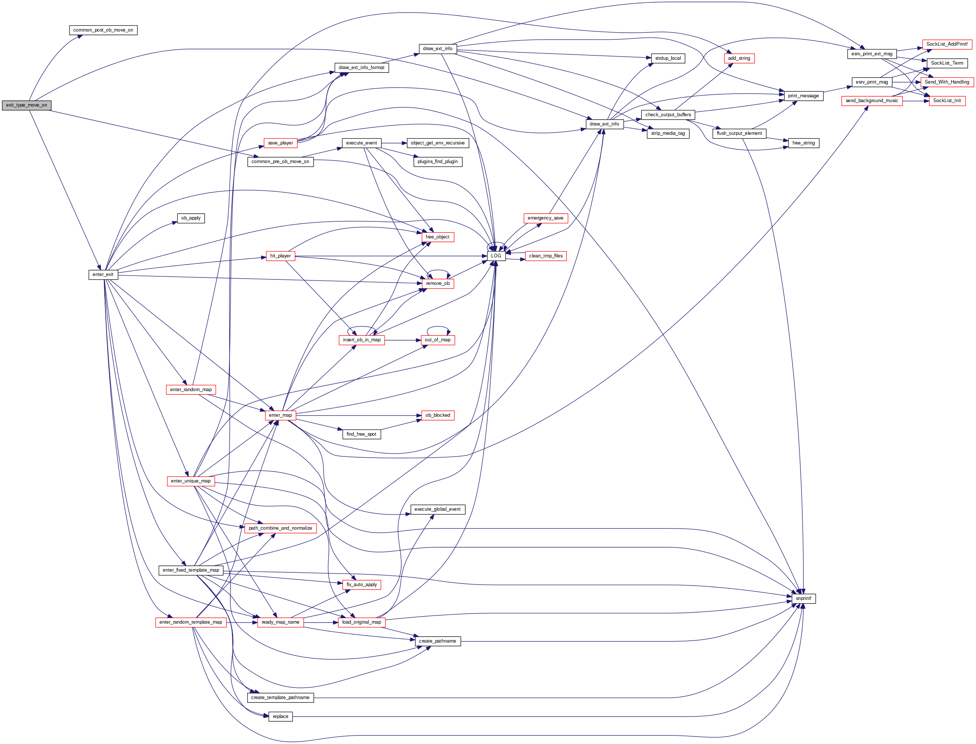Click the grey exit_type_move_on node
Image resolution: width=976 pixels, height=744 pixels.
tap(27, 105)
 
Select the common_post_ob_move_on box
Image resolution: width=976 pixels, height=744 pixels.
tap(103, 30)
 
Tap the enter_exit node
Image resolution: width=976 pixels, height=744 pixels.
tap(103, 274)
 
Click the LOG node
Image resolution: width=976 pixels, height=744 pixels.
tap(496, 256)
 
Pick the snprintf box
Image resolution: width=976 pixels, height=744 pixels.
tap(803, 599)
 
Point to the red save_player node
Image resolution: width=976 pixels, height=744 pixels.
tap(280, 143)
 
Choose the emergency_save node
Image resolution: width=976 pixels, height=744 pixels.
tap(545, 218)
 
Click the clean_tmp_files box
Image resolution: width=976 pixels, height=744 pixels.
tap(546, 256)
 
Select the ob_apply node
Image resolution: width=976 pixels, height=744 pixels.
tap(191, 218)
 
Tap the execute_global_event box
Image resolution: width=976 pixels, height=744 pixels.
tap(437, 509)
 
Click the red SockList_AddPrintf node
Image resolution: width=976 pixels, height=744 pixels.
tap(947, 44)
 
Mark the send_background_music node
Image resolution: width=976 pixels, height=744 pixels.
tap(872, 101)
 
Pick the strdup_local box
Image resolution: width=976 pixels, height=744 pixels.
tap(668, 58)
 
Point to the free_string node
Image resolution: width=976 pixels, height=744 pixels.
tap(803, 143)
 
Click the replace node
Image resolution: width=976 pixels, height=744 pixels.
tap(280, 717)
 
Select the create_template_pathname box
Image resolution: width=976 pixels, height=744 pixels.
tap(280, 698)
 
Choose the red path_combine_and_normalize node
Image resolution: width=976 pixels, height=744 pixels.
tap(280, 528)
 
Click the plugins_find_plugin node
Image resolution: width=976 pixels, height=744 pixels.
tap(437, 162)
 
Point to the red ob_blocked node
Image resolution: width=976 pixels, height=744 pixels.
tap(437, 415)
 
